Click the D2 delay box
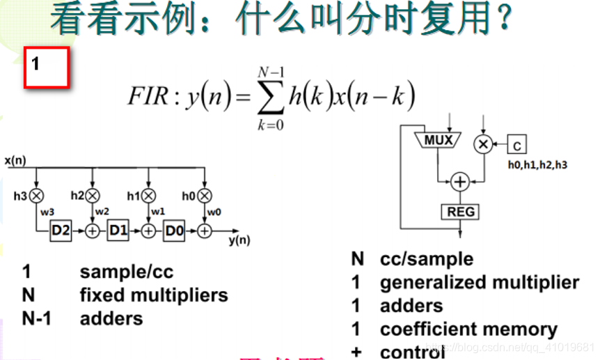(x=61, y=230)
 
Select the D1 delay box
(x=118, y=230)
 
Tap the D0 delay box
(x=175, y=230)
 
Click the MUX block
(x=438, y=140)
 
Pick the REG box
(x=459, y=211)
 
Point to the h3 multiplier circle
(x=37, y=196)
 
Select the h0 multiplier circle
(x=204, y=196)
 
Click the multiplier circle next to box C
(x=482, y=144)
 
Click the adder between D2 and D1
(x=92, y=230)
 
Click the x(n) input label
(x=15, y=159)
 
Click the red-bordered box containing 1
(x=47, y=68)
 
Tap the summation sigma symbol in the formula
(x=270, y=96)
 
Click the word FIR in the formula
(x=147, y=96)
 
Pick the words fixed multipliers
(x=154, y=295)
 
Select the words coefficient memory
(x=468, y=329)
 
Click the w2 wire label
(x=102, y=211)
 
